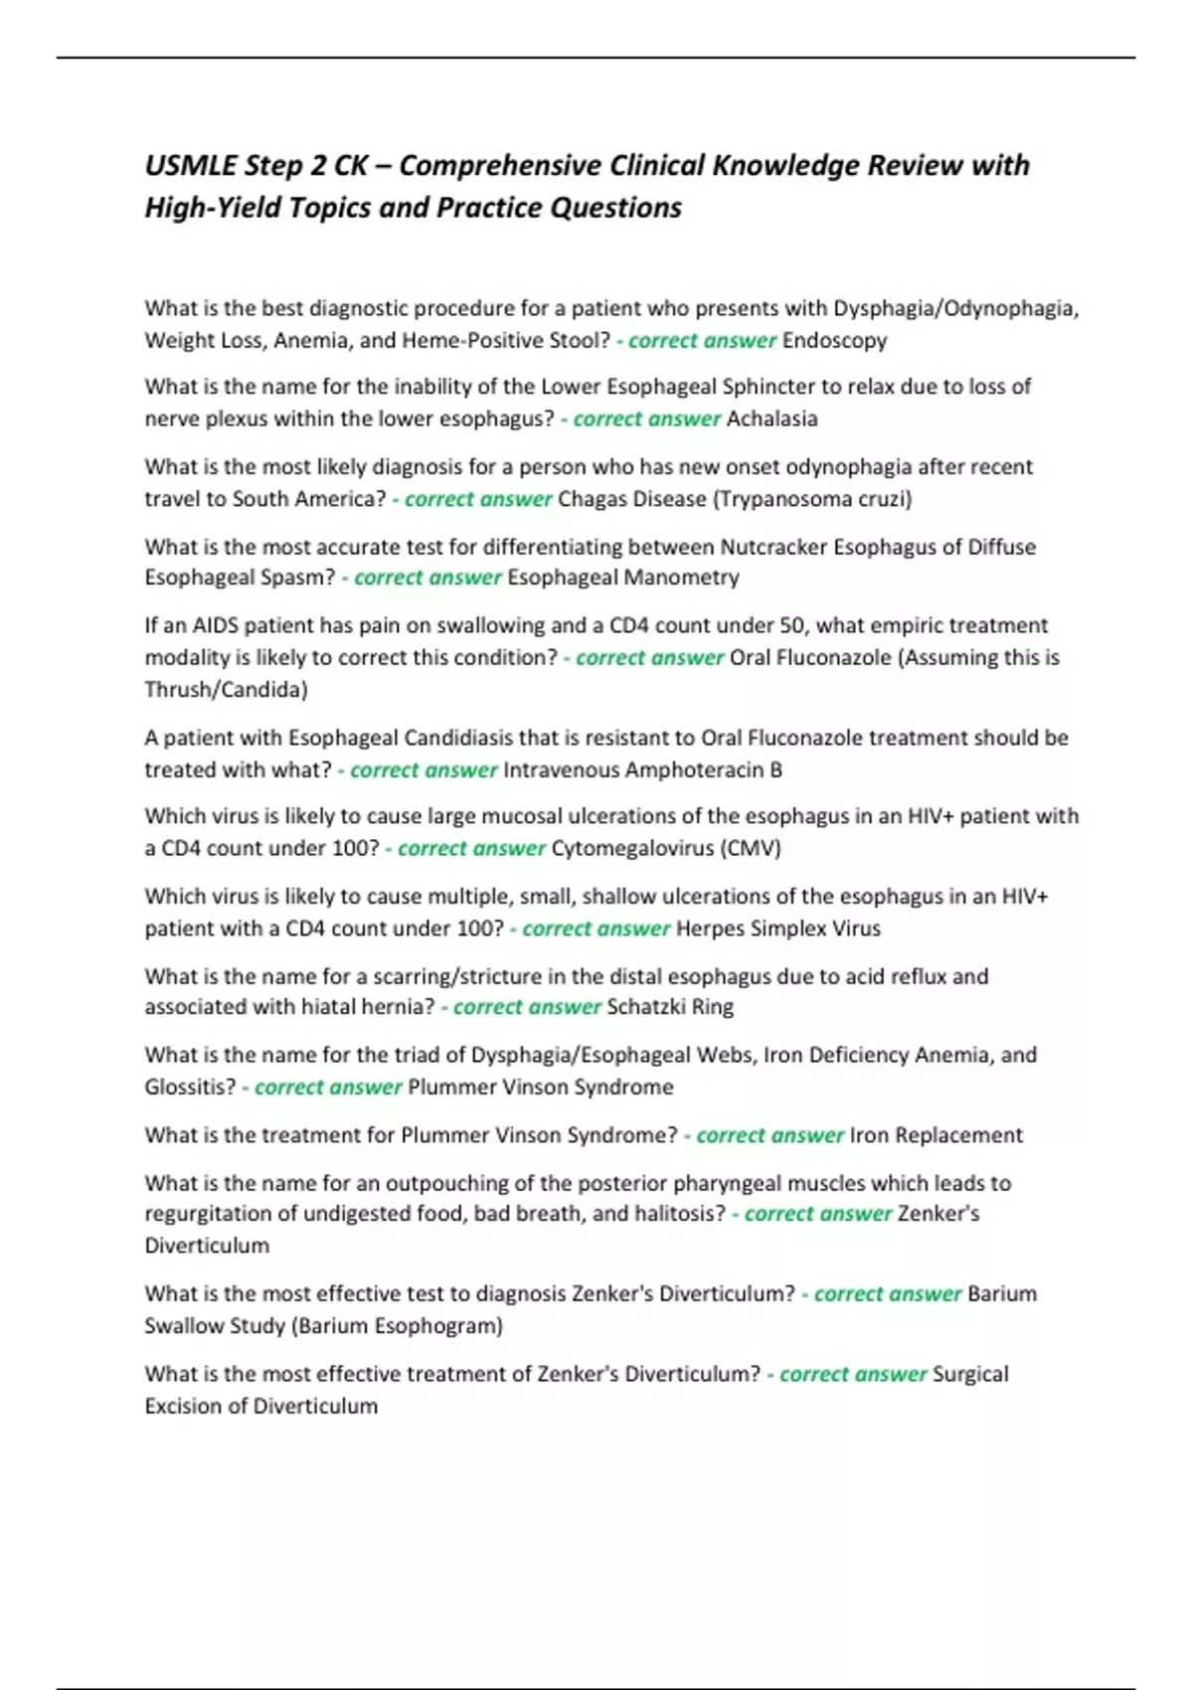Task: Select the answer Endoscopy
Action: [x=834, y=340]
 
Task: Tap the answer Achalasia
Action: [x=771, y=419]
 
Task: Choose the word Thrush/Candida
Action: [x=226, y=689]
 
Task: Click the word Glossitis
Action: [x=190, y=1087]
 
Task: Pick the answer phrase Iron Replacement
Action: [x=936, y=1135]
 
